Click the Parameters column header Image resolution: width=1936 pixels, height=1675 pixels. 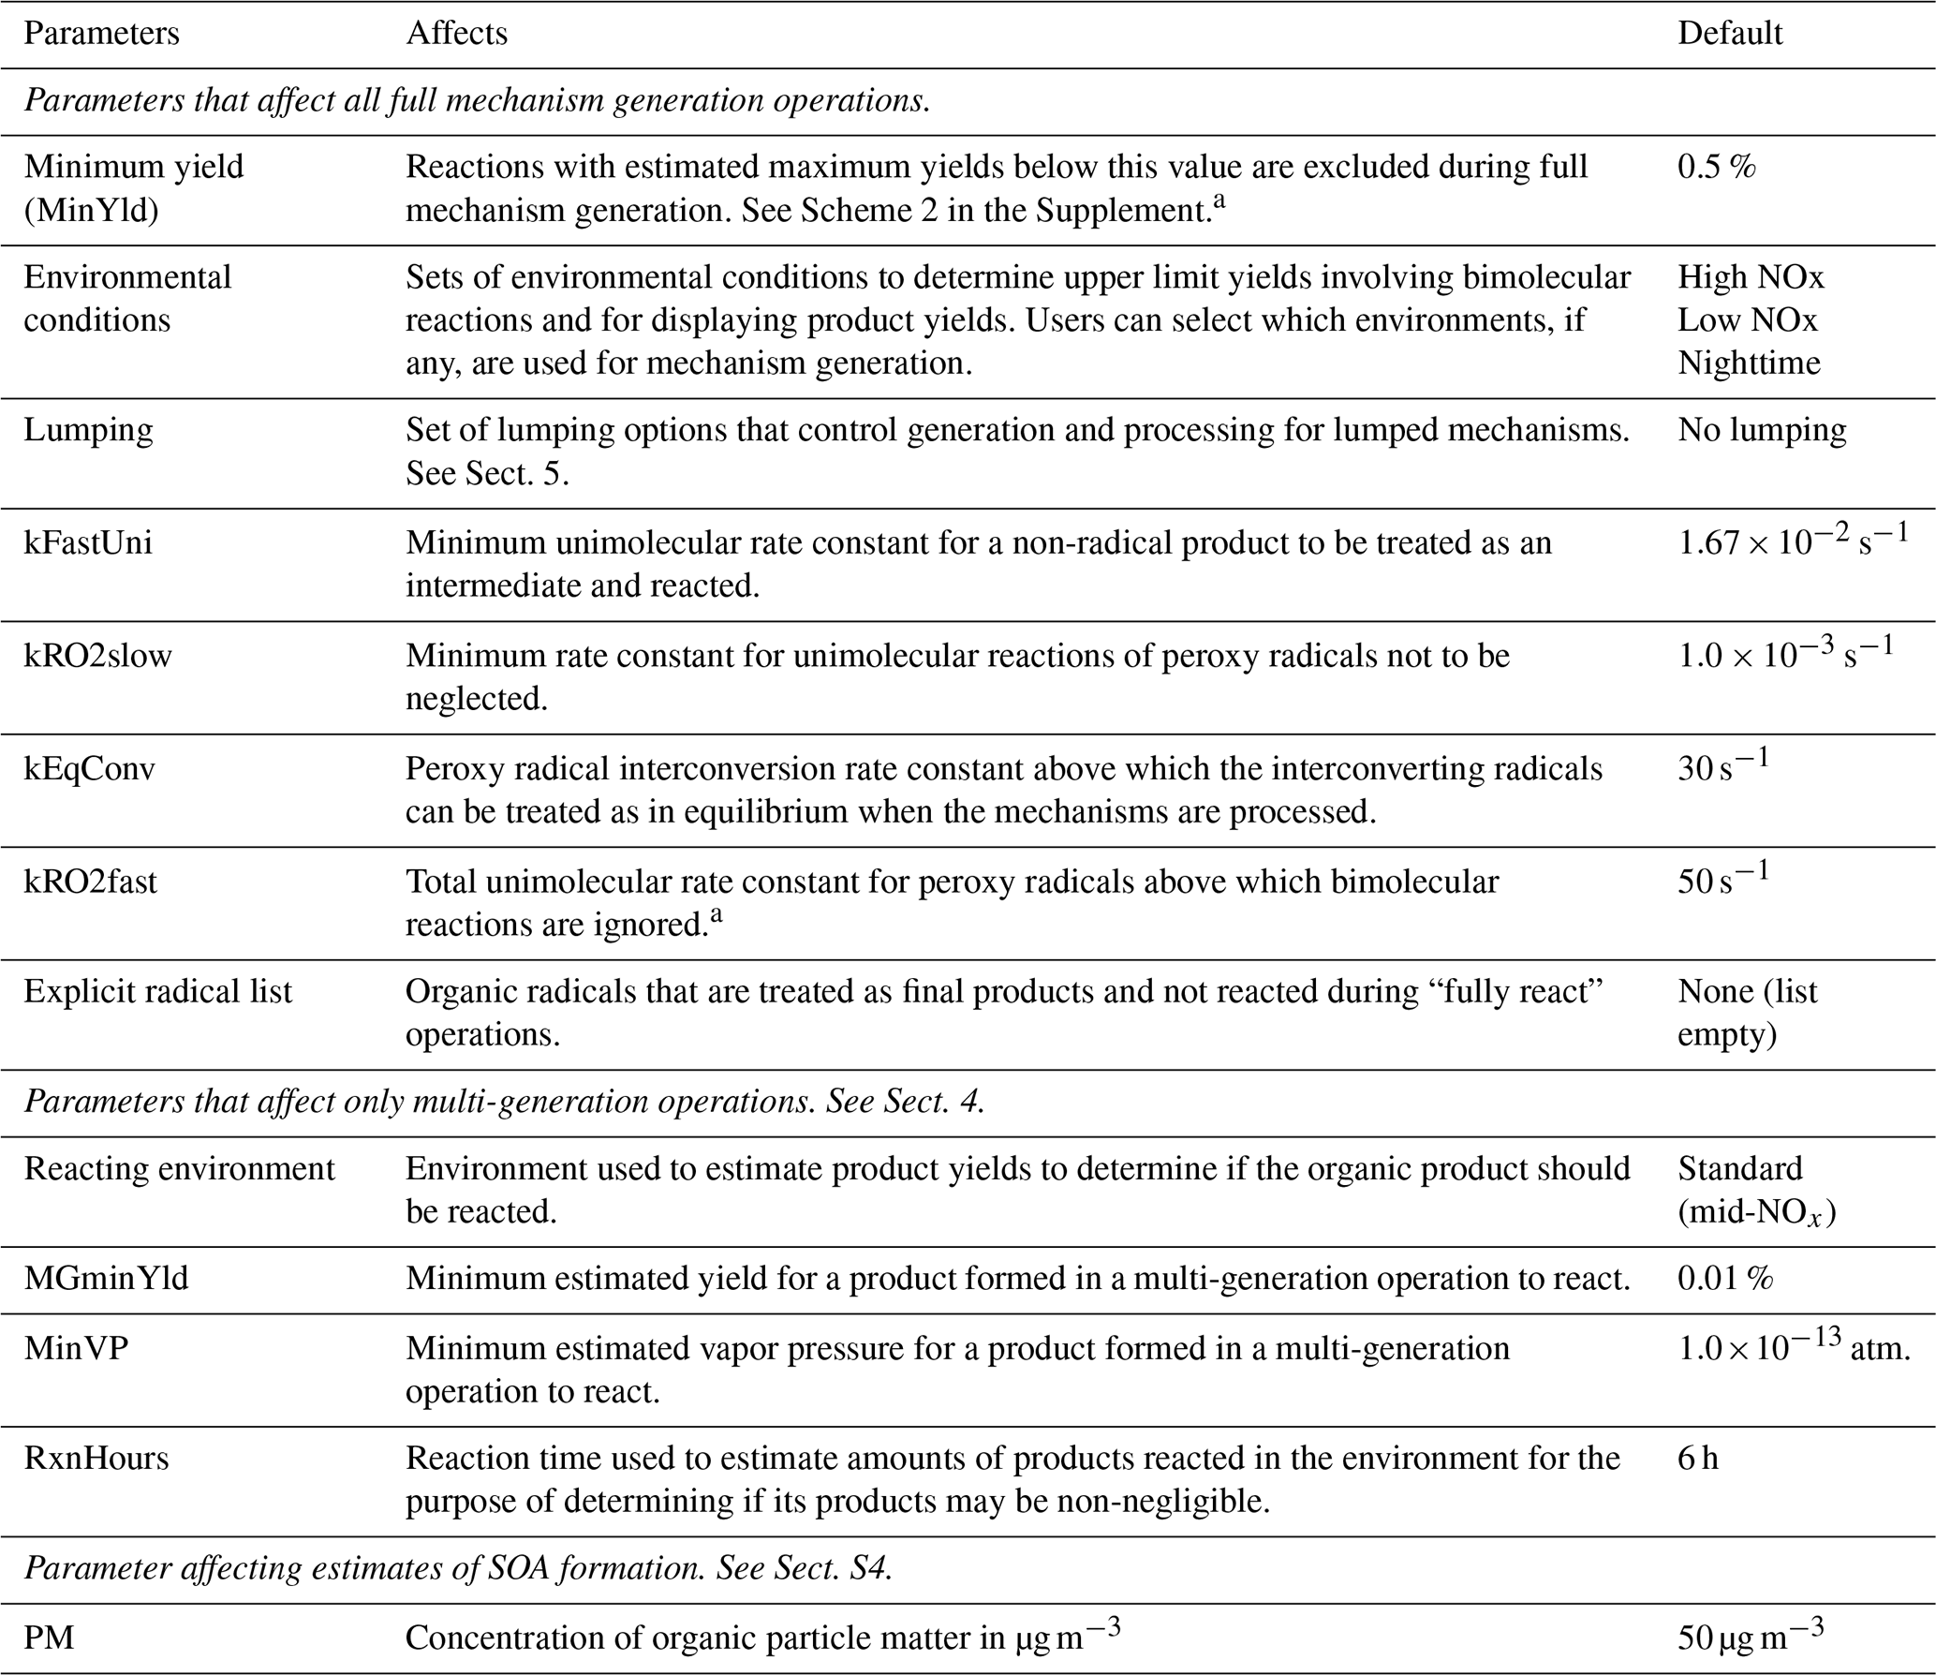coord(101,34)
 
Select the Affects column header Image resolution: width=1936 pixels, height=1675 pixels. coord(456,34)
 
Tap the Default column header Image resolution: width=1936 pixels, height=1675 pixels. coord(1729,34)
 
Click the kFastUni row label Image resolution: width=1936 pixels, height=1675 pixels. coord(88,542)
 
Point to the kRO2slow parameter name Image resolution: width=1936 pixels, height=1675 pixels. coord(97,656)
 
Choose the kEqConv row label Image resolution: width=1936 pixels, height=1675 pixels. coord(89,769)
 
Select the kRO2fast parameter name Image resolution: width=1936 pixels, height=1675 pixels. coord(90,882)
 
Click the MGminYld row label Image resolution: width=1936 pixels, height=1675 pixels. coord(106,1278)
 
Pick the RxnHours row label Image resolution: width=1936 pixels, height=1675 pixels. coord(96,1459)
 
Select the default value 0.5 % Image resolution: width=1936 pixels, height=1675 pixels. coord(1716,167)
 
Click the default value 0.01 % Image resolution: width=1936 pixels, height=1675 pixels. coord(1725,1278)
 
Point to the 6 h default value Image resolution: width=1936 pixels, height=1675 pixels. coord(1697,1459)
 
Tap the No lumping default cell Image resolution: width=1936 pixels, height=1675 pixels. coord(1762,430)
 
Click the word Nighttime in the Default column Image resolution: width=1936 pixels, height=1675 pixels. coord(1749,363)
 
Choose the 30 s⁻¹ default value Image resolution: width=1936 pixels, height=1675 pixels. coord(1722,767)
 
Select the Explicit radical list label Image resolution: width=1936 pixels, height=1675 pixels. coord(157,991)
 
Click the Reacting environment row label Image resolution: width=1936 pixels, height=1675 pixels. coord(179,1169)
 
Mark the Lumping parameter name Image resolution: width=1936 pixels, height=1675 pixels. coord(88,430)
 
